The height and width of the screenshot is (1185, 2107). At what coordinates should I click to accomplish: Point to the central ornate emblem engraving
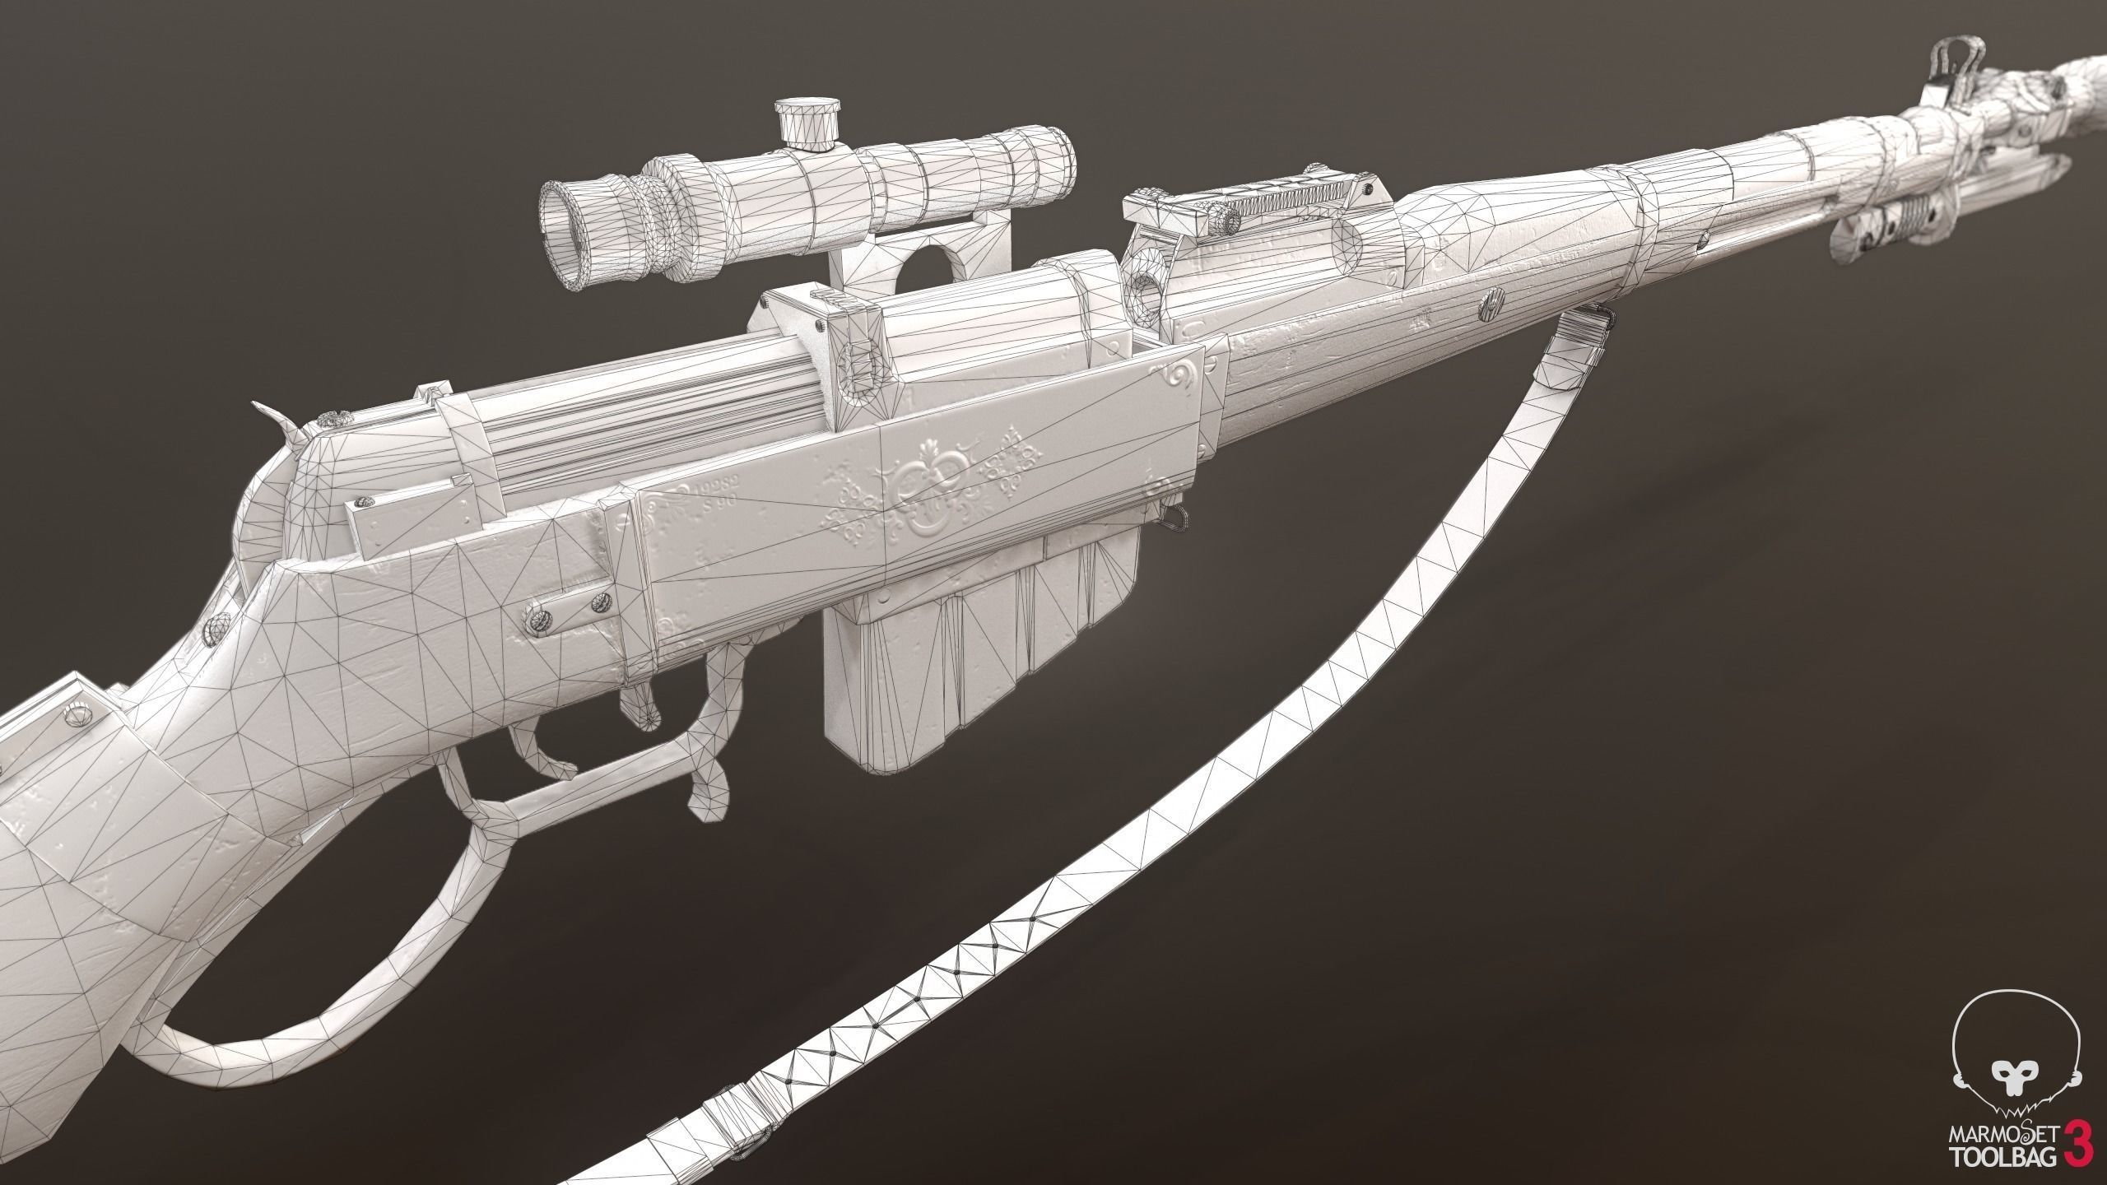coord(923,498)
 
